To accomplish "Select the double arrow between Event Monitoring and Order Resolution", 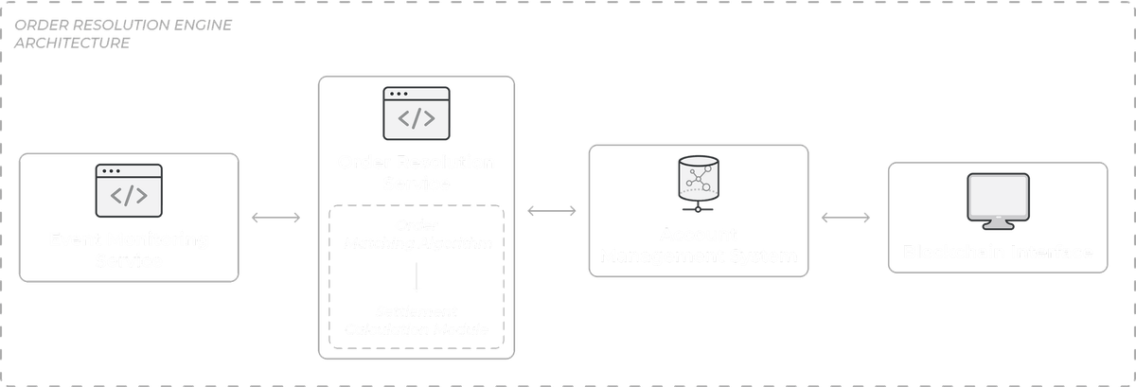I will pos(276,219).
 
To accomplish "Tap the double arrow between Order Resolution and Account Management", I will pos(553,211).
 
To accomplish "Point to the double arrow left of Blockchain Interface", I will pos(845,220).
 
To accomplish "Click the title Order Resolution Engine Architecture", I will pos(123,35).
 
